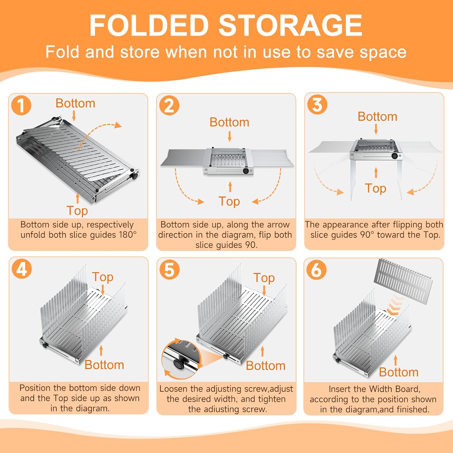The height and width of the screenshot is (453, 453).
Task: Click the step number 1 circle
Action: [x=21, y=105]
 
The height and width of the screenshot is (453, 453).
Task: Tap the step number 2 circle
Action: [x=169, y=105]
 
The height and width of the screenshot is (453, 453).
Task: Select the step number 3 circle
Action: [x=317, y=104]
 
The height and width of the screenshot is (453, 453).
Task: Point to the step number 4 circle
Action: [x=22, y=268]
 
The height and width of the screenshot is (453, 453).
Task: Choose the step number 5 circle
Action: [x=169, y=269]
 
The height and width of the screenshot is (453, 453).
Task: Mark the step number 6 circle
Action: [x=316, y=269]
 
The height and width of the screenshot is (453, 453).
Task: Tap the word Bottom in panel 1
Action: [x=75, y=103]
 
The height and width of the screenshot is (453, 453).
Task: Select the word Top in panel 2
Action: [x=229, y=201]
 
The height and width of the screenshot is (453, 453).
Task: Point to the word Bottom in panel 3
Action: [x=377, y=117]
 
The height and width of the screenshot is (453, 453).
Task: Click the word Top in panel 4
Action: [x=103, y=277]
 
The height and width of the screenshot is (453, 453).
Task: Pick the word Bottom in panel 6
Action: [x=399, y=372]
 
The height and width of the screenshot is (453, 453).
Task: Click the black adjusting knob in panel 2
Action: [x=246, y=171]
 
